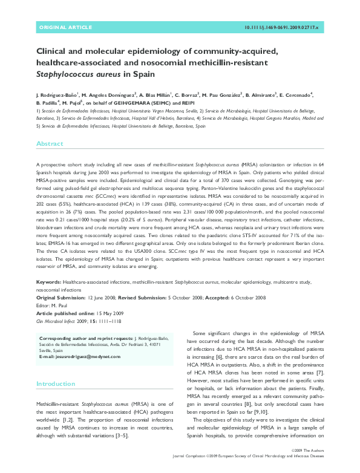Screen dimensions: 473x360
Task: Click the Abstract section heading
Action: pyautogui.click(x=50, y=144)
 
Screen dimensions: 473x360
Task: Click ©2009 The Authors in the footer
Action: pyautogui.click(x=308, y=468)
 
